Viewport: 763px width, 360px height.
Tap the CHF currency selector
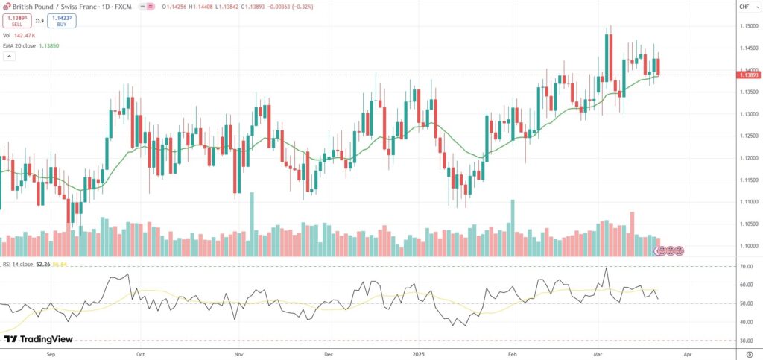click(744, 7)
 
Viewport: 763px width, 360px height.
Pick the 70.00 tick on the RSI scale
click(745, 266)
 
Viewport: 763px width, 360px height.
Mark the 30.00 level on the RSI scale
click(745, 341)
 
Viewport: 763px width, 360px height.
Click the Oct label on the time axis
click(140, 356)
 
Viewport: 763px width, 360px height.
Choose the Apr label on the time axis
click(686, 356)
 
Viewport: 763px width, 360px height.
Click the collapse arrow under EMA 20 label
click(10, 56)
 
